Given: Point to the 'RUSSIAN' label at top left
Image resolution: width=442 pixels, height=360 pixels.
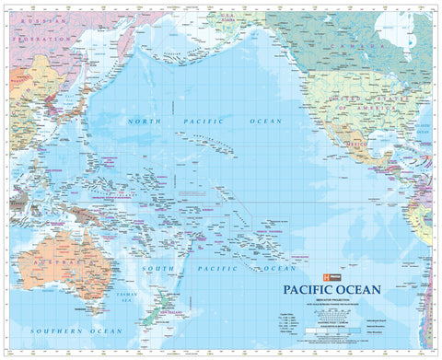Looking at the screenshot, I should (37, 18).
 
